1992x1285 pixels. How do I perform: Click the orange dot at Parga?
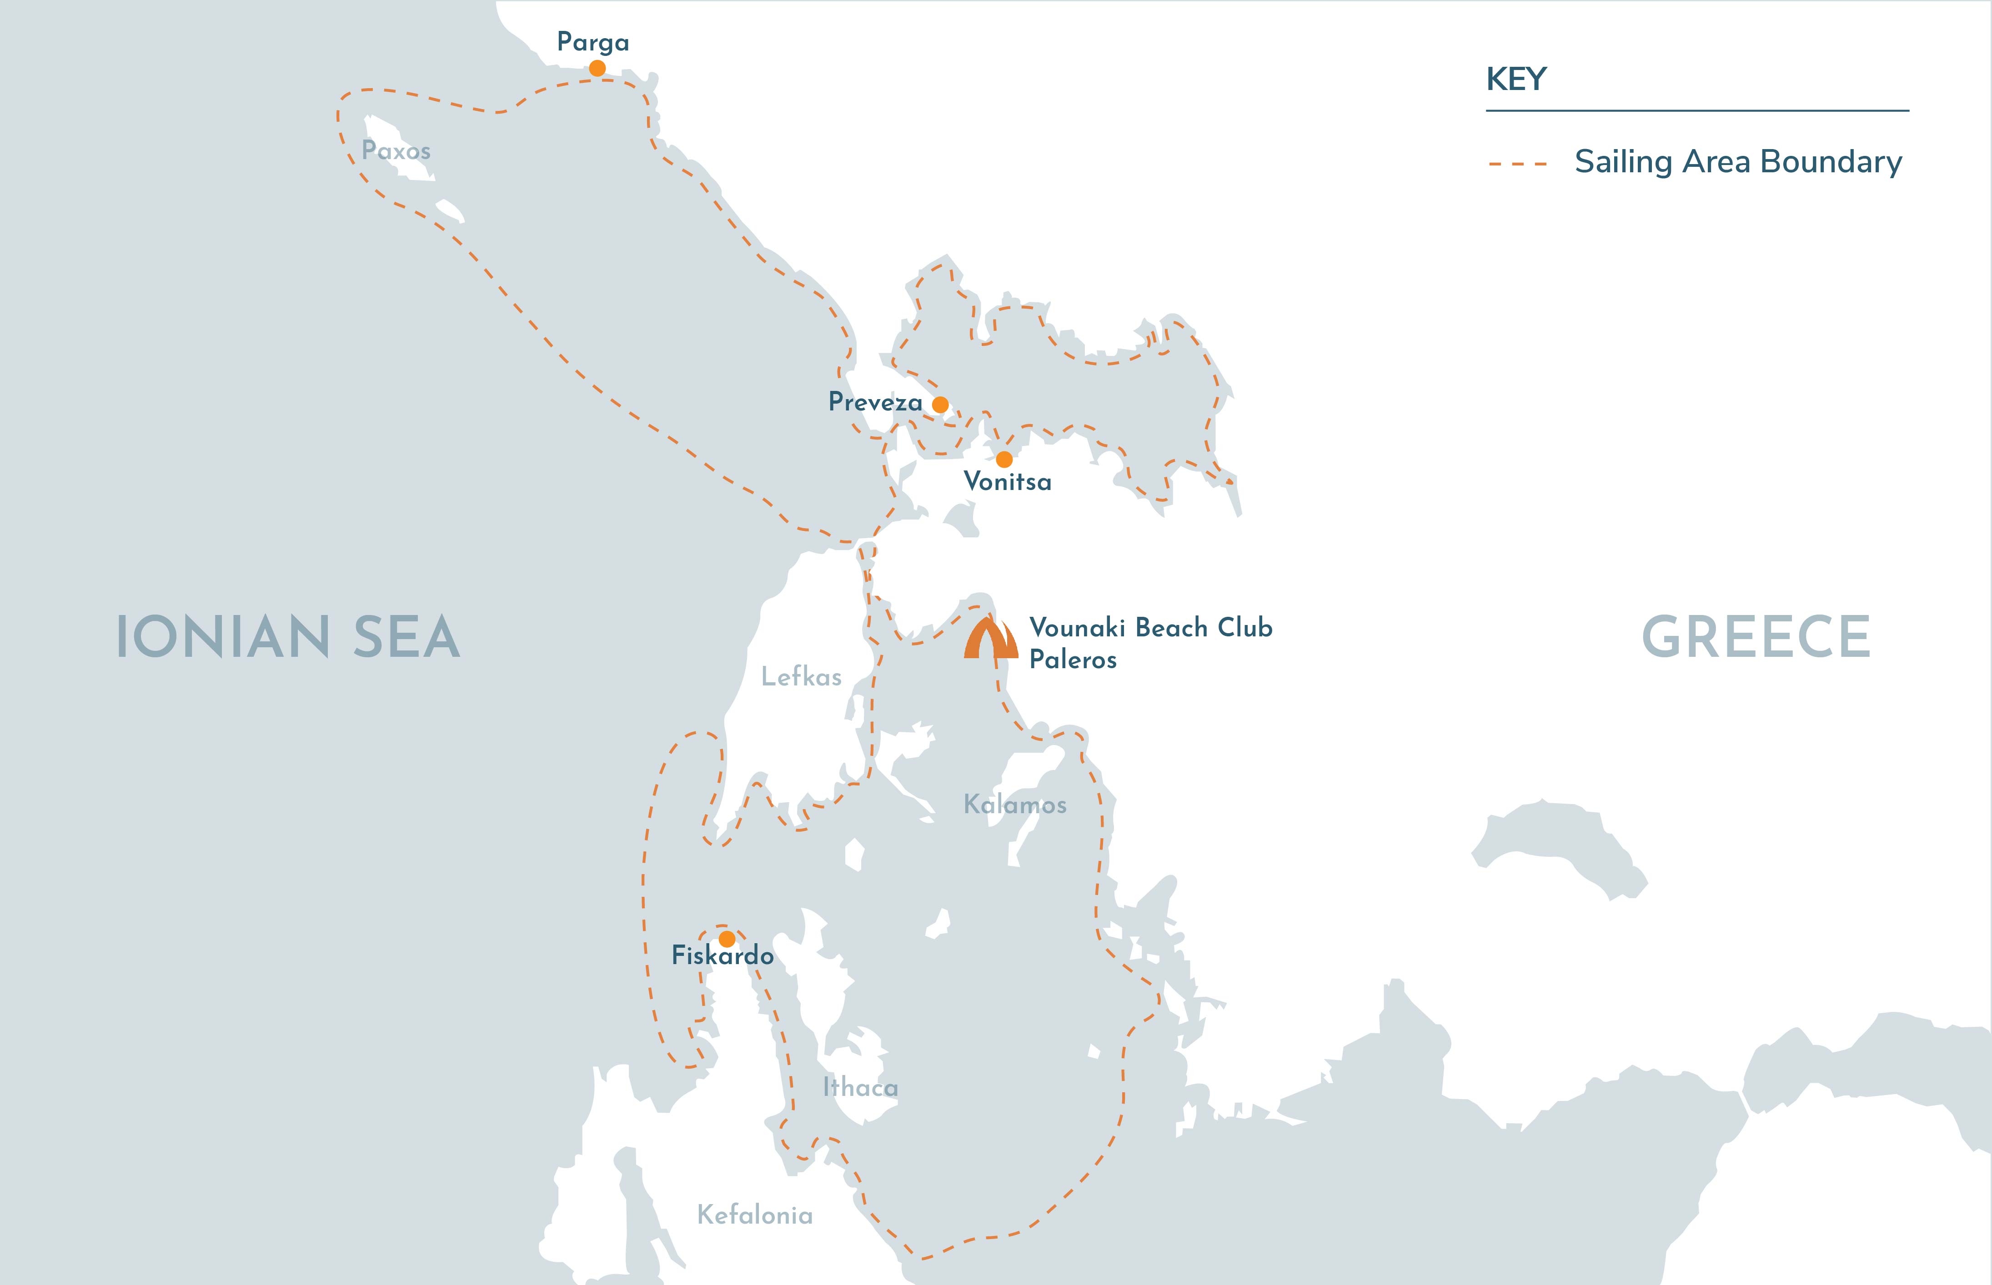(x=597, y=68)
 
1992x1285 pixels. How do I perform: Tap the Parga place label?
(x=592, y=42)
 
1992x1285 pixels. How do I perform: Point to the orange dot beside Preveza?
(x=940, y=405)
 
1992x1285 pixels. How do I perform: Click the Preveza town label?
(x=874, y=402)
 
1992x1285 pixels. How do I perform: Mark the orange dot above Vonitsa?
(x=1004, y=459)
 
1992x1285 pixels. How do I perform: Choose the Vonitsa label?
(x=1007, y=481)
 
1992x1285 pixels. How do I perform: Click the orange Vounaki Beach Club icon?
(x=991, y=639)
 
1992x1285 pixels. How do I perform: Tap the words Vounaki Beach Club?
(x=1151, y=627)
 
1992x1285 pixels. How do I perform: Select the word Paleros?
(x=1072, y=660)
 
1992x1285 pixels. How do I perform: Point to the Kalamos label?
(x=1015, y=805)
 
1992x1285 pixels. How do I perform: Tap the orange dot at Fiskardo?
(x=727, y=939)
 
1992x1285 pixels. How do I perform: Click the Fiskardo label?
(x=723, y=955)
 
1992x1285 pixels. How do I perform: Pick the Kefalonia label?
(x=754, y=1215)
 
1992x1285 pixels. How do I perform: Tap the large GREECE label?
(x=1756, y=637)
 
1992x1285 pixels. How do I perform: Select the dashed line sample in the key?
(x=1517, y=164)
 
